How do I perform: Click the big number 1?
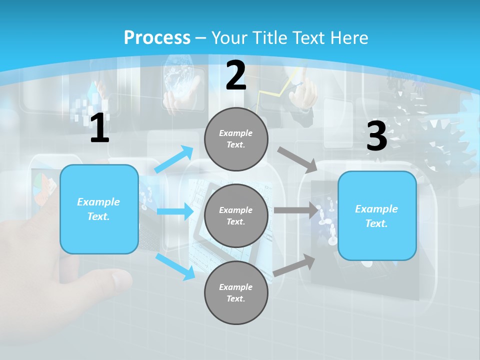99,128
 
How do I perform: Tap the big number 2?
236,75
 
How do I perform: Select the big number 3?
376,136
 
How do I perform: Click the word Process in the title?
157,37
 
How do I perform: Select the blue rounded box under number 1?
99,209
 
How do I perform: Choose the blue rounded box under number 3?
377,216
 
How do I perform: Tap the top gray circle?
236,139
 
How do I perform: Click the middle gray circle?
236,215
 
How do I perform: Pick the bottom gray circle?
236,292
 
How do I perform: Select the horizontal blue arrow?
175,211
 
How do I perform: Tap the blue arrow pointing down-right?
175,266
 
